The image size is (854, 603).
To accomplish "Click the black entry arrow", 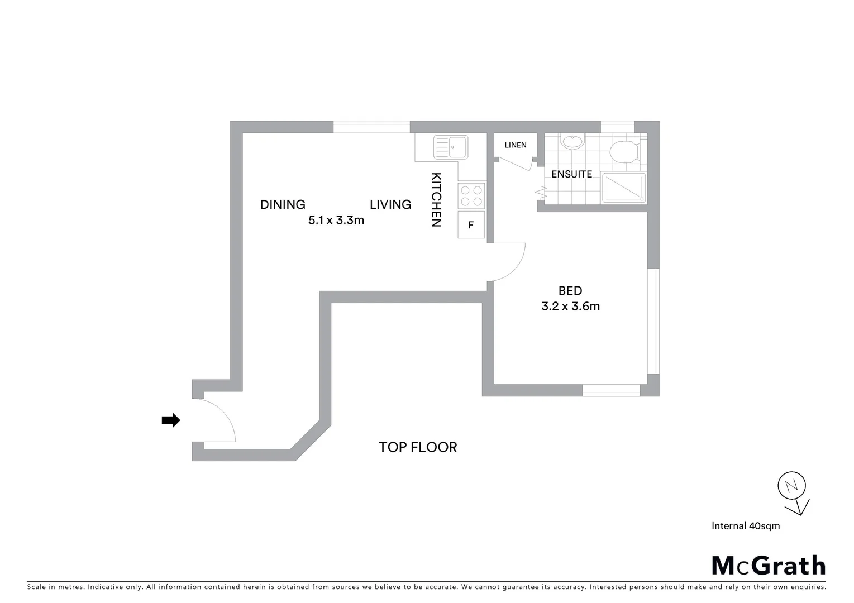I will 171,420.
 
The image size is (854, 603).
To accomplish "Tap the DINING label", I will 283,205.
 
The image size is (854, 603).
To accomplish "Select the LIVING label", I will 390,205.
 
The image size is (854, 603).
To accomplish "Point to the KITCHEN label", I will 437,199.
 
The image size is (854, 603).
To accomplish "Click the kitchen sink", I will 451,147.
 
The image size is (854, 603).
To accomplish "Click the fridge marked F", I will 471,225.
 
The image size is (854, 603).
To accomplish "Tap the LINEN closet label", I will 516,145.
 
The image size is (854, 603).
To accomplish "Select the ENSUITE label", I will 571,174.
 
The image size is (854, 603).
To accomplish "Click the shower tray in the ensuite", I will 623,188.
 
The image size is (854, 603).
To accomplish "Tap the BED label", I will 570,291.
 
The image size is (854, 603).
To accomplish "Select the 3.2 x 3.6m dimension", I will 570,307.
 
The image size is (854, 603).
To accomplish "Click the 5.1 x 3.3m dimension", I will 336,221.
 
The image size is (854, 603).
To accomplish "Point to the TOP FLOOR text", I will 418,447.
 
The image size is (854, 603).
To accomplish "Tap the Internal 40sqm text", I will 746,526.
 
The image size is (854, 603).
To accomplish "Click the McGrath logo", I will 769,566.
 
